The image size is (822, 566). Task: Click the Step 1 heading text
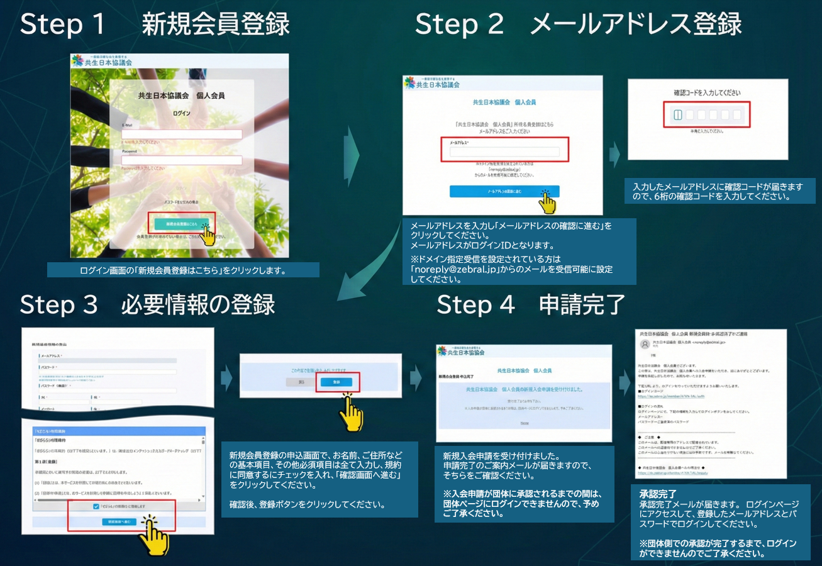(x=154, y=25)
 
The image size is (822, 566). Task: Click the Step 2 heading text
(x=578, y=25)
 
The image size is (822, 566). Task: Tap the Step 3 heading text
(x=147, y=305)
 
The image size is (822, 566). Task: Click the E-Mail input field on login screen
(x=182, y=134)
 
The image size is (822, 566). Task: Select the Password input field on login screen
(x=182, y=160)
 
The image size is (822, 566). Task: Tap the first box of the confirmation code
(x=677, y=115)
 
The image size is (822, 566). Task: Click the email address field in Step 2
(x=504, y=152)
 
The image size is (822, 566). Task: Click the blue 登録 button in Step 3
(x=336, y=382)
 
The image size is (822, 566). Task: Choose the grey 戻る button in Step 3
(x=301, y=382)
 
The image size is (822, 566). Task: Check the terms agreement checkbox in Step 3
(x=95, y=506)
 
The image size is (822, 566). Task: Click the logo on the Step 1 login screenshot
(x=102, y=61)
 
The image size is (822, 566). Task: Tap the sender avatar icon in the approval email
(x=645, y=344)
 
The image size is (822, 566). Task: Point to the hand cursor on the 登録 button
(x=350, y=412)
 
